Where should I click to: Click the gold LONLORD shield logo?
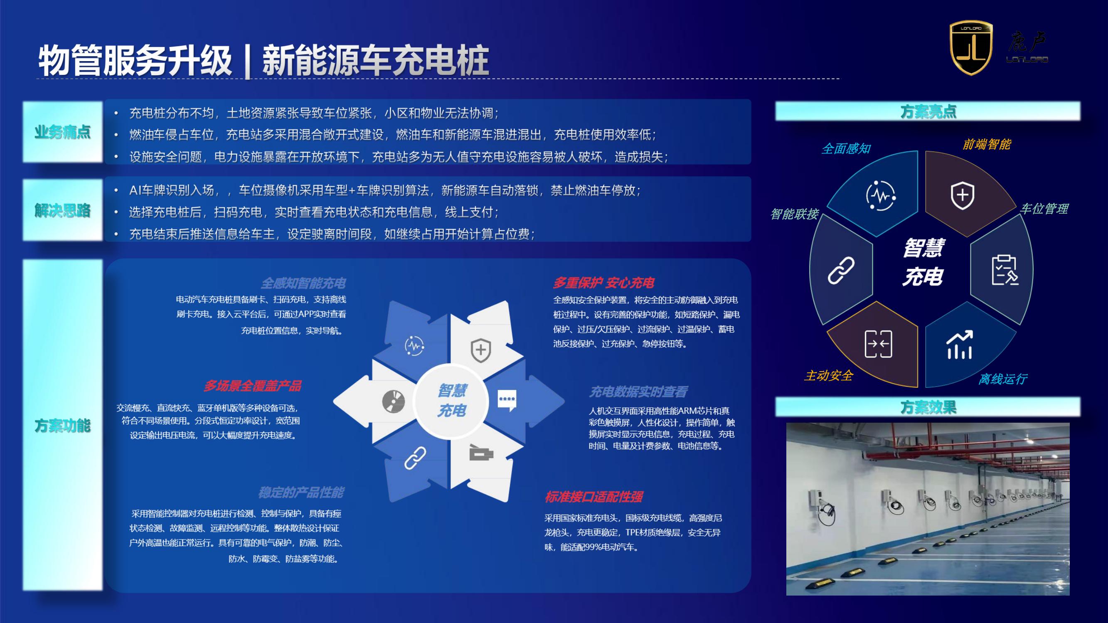970,48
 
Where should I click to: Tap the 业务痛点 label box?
63,132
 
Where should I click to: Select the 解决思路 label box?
63,210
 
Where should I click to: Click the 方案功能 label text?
63,426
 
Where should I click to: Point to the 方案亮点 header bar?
927,111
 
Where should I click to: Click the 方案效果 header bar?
927,407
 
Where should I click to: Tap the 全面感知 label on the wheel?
846,149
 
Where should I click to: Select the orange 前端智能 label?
987,144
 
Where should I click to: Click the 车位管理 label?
1044,209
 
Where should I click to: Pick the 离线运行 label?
1003,379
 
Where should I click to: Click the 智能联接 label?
795,214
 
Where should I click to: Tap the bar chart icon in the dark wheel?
959,345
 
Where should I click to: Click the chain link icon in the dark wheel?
841,271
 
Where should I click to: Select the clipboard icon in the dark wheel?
1005,270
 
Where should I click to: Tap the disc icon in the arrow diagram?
393,401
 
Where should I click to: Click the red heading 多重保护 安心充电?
603,283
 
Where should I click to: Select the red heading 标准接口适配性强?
593,497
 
